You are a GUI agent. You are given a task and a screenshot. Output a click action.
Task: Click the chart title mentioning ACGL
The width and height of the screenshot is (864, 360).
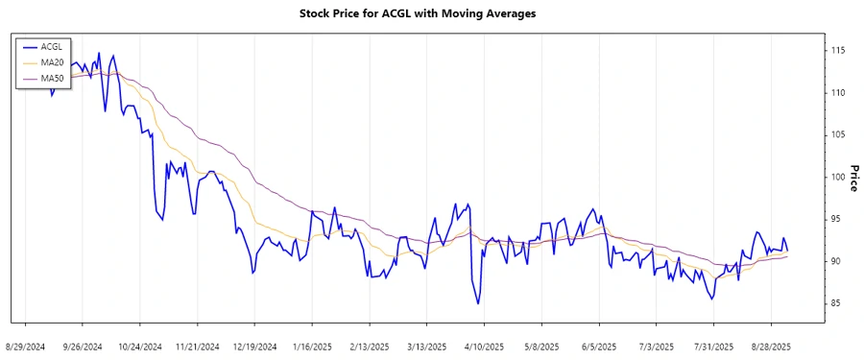click(x=432, y=14)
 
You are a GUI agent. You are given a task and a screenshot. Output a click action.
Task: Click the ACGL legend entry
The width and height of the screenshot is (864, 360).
click(x=54, y=46)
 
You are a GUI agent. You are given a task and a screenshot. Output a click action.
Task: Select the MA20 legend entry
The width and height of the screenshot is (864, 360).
click(x=54, y=61)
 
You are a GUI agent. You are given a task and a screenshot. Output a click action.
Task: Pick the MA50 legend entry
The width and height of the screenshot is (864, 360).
click(x=54, y=78)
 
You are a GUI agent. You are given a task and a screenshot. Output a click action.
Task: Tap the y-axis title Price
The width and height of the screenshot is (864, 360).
click(x=852, y=177)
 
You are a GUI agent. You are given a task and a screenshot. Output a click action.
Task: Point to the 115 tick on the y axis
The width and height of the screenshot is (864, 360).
click(x=838, y=50)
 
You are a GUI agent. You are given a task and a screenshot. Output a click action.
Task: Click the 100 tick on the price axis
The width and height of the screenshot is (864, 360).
click(x=838, y=177)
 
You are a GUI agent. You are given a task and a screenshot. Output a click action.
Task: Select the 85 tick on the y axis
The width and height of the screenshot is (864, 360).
click(x=838, y=303)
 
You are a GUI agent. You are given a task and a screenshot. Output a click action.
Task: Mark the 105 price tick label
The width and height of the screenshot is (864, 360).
click(x=838, y=134)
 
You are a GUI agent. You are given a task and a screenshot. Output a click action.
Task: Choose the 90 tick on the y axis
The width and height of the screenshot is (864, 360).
click(x=838, y=261)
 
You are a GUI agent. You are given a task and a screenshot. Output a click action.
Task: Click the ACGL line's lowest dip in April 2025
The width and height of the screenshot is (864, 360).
click(x=478, y=303)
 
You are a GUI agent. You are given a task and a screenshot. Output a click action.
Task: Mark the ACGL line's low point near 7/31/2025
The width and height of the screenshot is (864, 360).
click(x=711, y=299)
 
